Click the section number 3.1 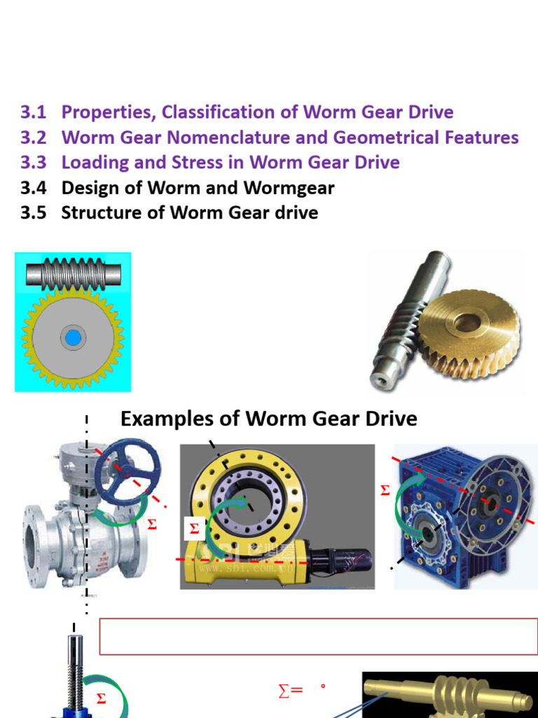(x=33, y=112)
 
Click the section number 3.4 (x=33, y=188)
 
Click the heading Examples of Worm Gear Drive (x=268, y=419)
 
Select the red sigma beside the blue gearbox (x=385, y=492)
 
